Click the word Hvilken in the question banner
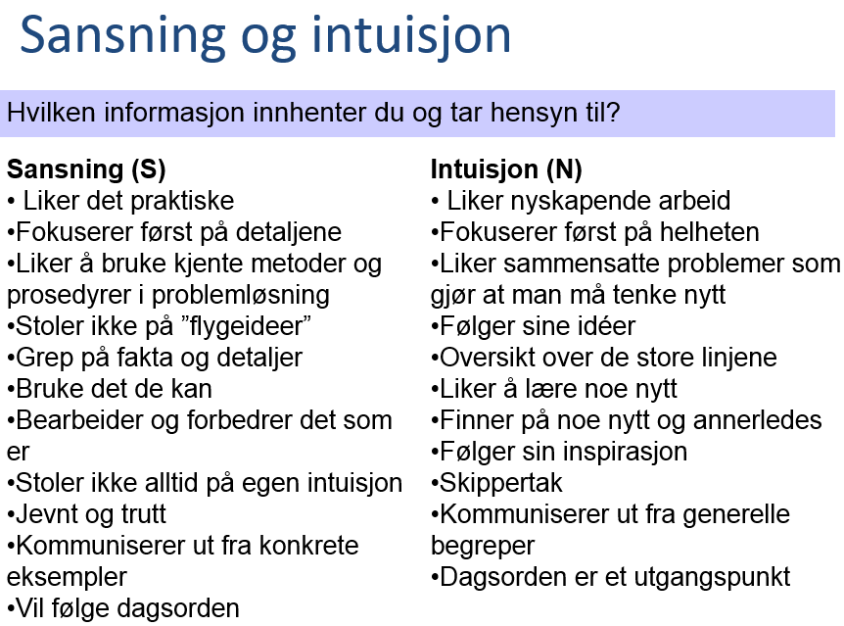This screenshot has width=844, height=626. tap(51, 113)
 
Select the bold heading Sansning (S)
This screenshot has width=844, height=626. tap(86, 169)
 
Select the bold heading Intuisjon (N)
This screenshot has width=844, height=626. tap(506, 169)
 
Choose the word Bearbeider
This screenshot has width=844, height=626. tap(80, 420)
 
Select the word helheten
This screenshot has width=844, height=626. tap(710, 232)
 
